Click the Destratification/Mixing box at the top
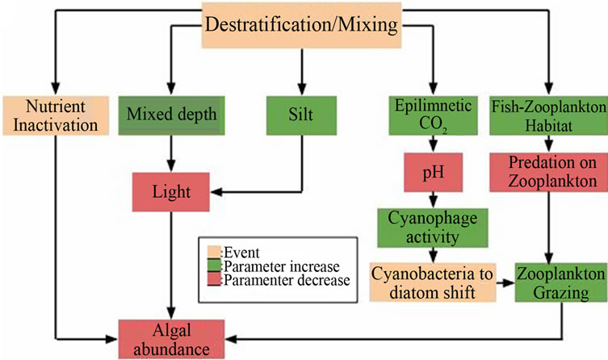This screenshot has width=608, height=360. coord(300,24)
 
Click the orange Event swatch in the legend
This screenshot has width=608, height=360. coord(214,251)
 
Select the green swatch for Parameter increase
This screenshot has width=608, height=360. coord(214,266)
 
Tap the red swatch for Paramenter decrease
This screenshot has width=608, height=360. coord(214,279)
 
